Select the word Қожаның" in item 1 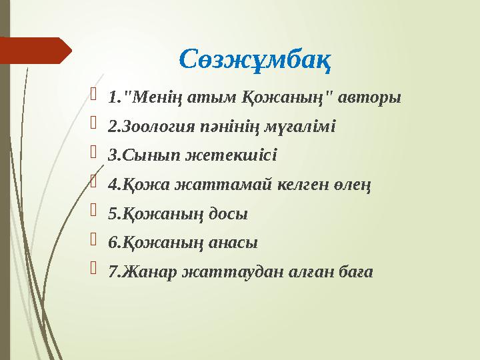[x=293, y=98]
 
